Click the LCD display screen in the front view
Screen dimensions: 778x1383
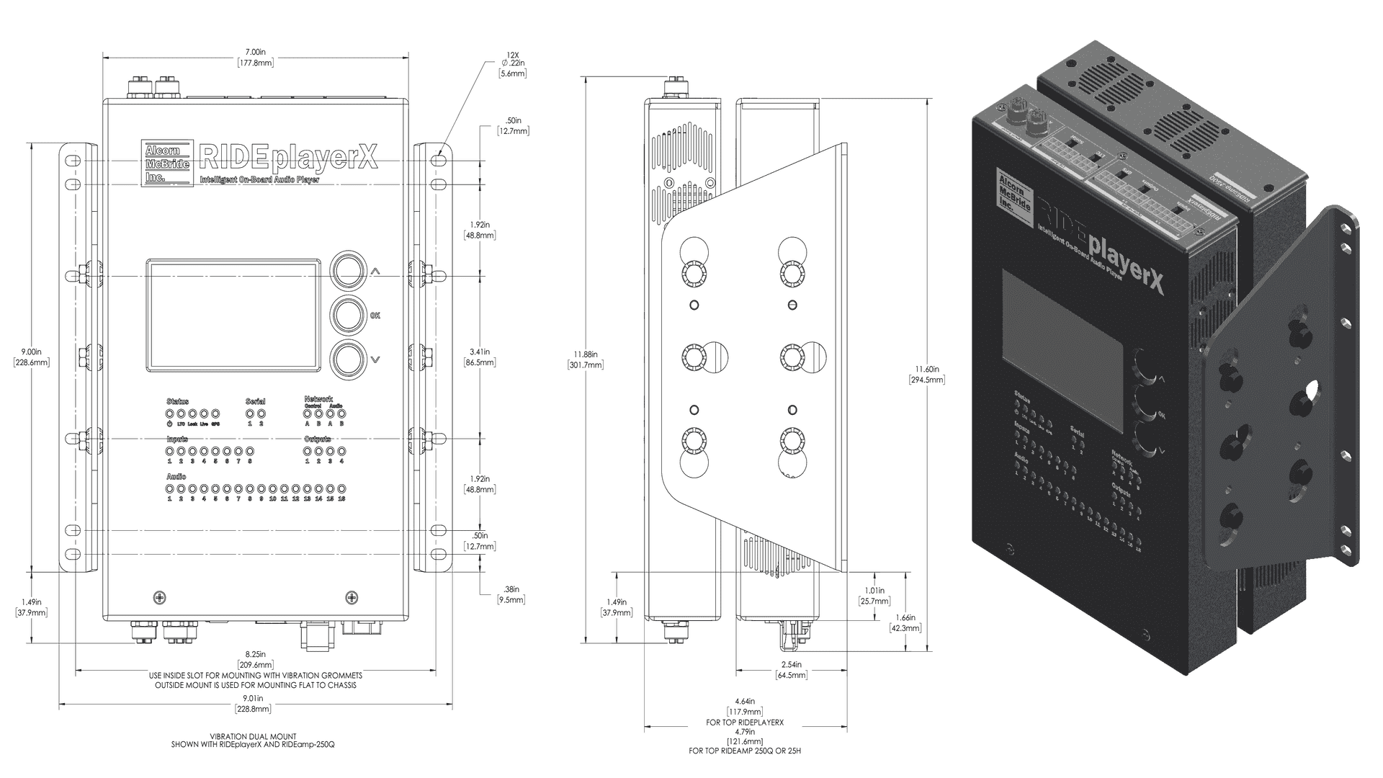[x=234, y=316]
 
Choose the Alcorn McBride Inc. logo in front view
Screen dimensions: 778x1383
[x=167, y=164]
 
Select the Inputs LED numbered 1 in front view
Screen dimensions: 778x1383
[x=170, y=451]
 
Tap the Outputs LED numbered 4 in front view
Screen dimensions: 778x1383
[x=341, y=451]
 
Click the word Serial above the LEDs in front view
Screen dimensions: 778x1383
[x=255, y=401]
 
